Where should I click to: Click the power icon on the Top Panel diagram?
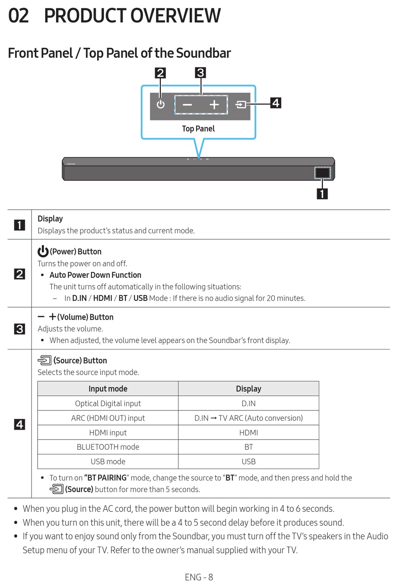[x=160, y=104]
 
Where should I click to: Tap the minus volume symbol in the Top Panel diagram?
[x=187, y=105]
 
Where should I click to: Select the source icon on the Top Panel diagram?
[x=241, y=104]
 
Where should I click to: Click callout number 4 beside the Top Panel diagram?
[x=276, y=103]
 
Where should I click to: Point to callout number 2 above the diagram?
[x=160, y=73]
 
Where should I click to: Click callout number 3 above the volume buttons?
[x=200, y=73]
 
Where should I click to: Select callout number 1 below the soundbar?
[x=322, y=194]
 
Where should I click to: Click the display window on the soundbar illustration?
[x=322, y=172]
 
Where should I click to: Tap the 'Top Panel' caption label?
[x=198, y=129]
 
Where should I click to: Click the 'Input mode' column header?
[x=108, y=389]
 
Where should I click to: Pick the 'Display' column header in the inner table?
[x=248, y=389]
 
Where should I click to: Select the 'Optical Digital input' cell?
[x=108, y=404]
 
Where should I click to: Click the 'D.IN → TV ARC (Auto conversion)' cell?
[x=248, y=418]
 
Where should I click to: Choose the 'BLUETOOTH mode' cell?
[x=108, y=447]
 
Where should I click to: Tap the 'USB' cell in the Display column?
[x=248, y=461]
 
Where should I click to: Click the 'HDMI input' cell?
[x=108, y=433]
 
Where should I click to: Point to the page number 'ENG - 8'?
[x=199, y=577]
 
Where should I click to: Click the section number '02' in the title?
[x=18, y=16]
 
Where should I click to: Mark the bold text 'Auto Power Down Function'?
[x=96, y=275]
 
